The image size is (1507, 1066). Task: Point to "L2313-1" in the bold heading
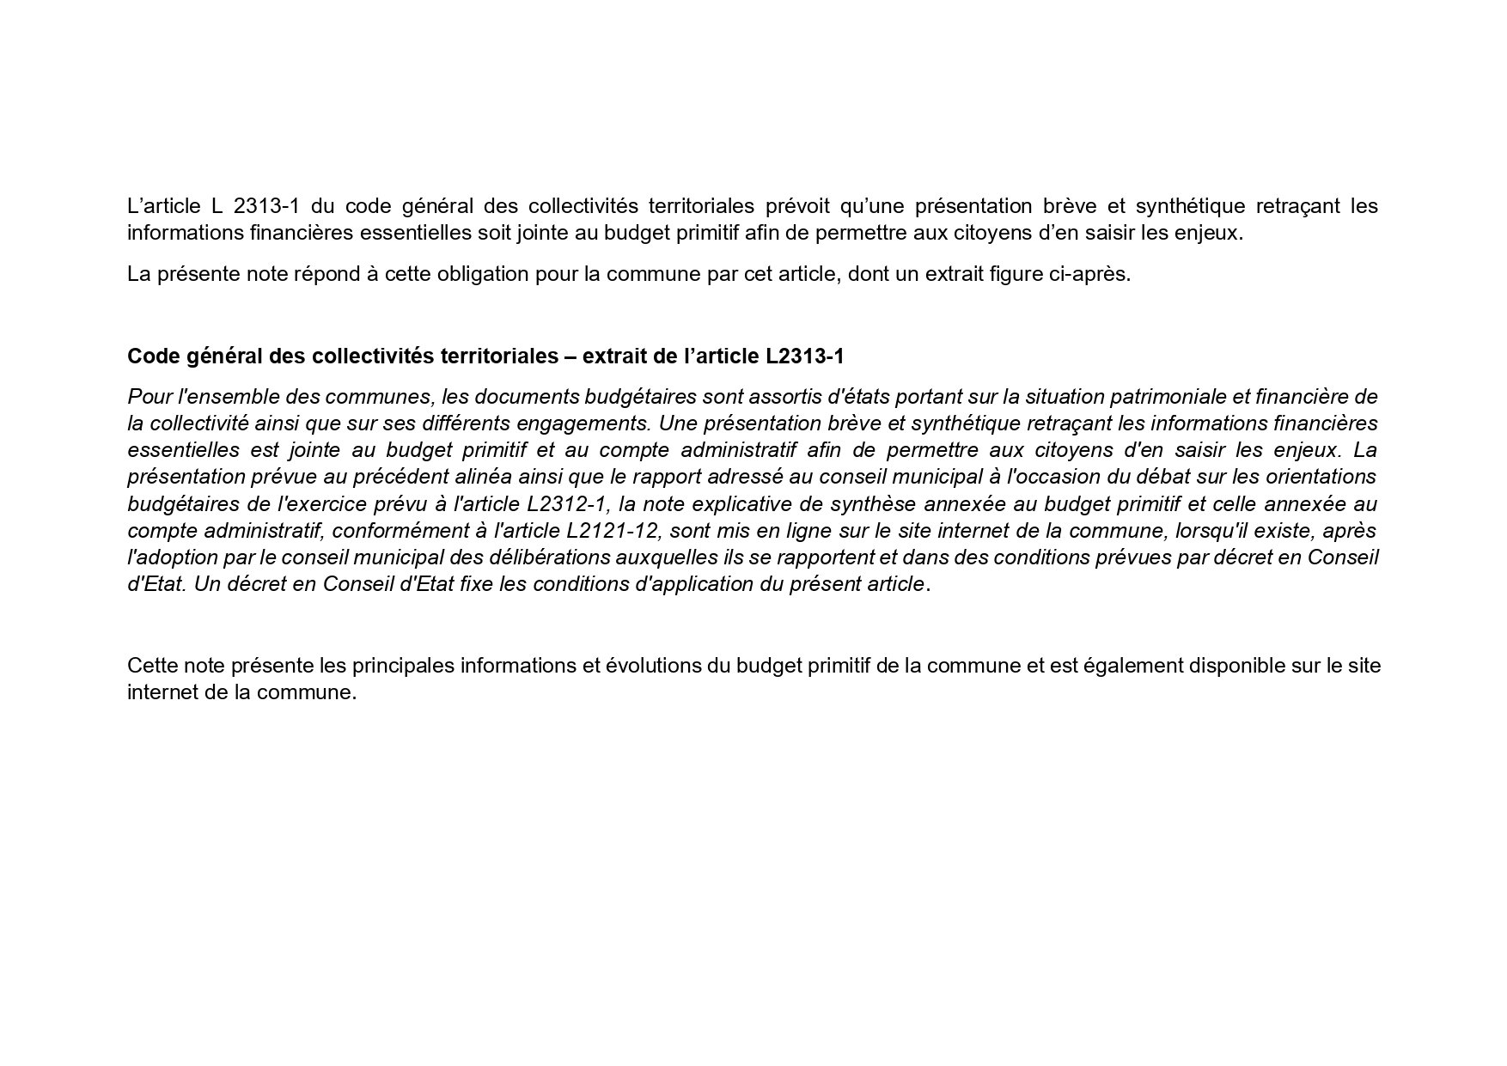coord(805,356)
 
